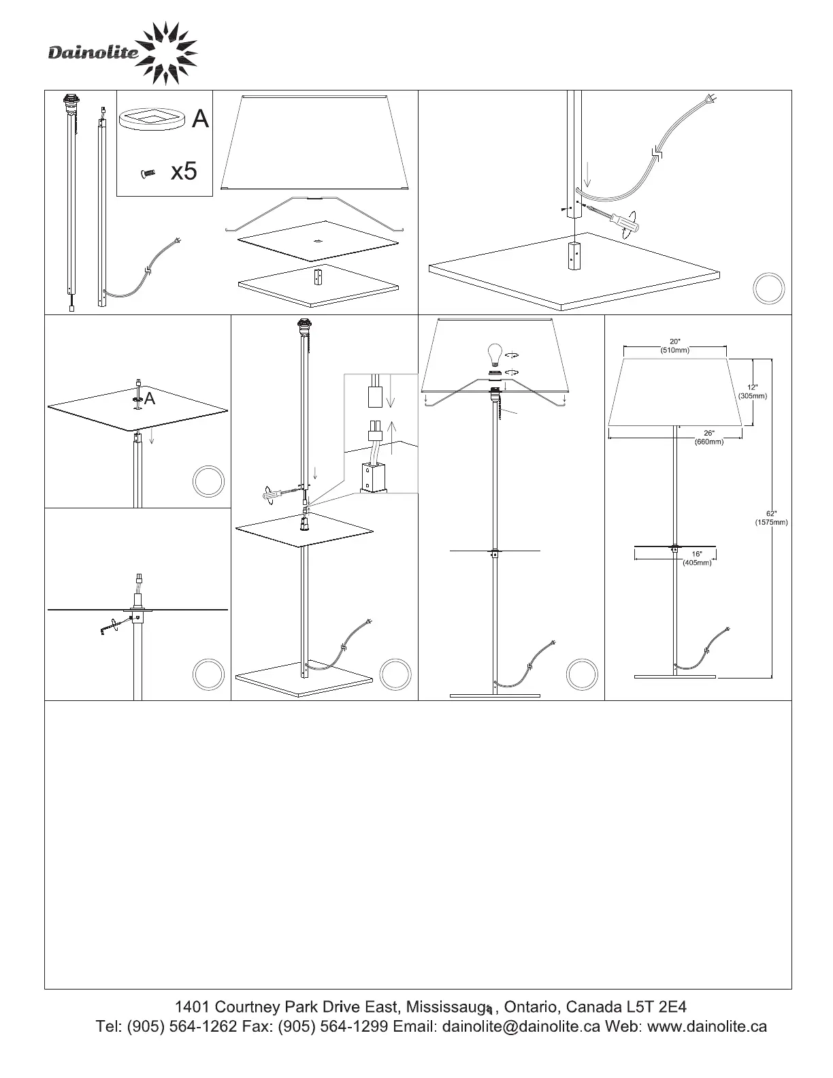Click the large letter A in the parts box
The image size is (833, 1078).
coord(200,119)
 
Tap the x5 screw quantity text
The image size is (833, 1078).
coord(184,171)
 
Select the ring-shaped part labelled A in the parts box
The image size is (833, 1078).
coord(151,120)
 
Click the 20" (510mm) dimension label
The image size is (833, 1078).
coord(674,346)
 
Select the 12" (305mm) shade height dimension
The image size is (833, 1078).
coord(752,392)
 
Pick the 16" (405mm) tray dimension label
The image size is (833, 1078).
coord(697,559)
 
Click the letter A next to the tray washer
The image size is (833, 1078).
coord(150,399)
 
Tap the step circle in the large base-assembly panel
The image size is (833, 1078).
coord(768,289)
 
